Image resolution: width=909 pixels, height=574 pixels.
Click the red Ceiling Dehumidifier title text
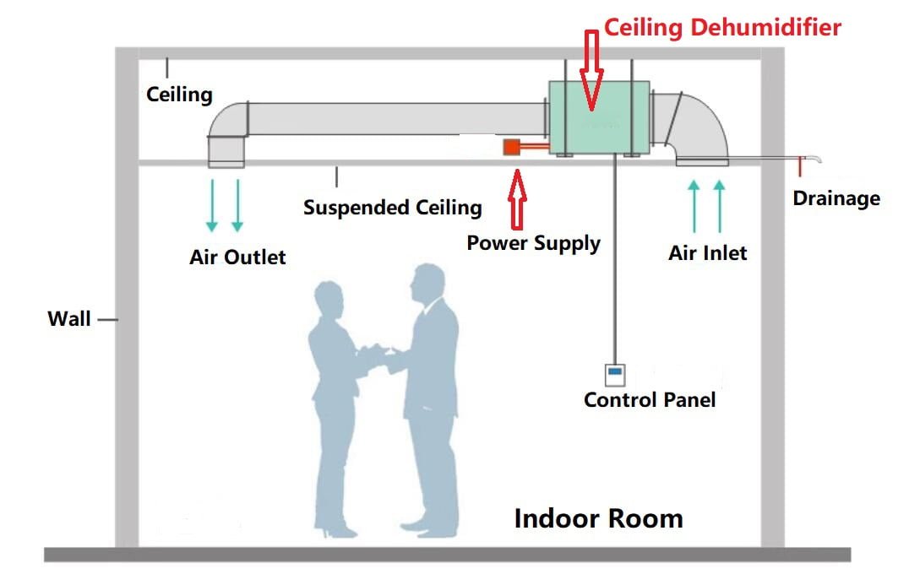722,27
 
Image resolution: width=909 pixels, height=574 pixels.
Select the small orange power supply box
511,148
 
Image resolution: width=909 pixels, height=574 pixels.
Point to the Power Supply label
533,243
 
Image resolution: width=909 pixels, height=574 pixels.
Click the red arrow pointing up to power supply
517,199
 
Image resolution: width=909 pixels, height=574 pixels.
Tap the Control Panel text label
649,399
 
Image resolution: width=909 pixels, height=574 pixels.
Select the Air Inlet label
707,252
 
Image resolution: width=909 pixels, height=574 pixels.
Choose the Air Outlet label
237,257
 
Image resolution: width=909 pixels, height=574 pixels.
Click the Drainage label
836,198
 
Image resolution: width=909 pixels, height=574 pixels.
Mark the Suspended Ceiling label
392,207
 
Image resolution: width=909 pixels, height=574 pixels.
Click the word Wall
68,319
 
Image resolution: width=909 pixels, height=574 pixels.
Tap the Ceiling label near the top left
179,93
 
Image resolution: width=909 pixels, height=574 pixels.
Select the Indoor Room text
598,517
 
